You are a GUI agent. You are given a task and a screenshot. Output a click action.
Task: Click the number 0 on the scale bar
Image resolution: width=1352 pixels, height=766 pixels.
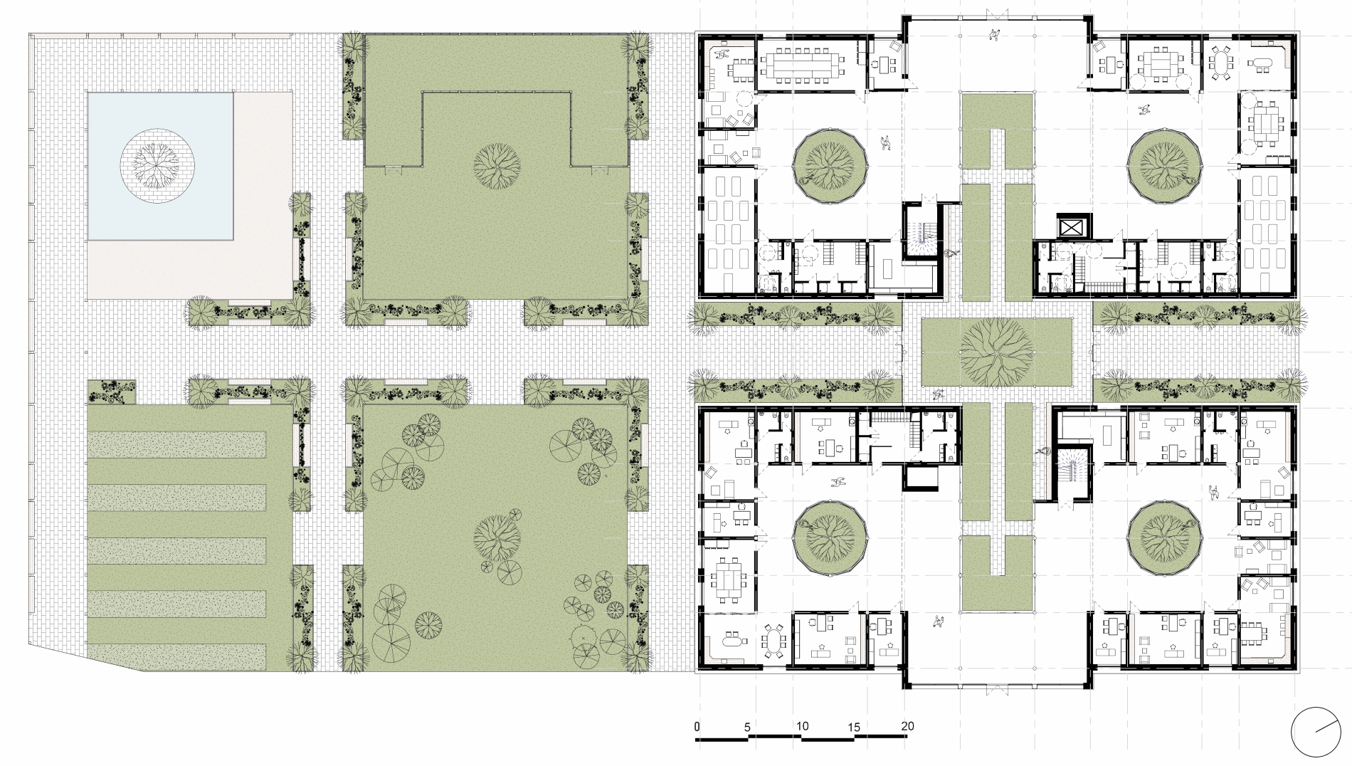click(697, 726)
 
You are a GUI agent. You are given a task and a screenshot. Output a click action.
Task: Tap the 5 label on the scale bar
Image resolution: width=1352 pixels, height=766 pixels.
click(747, 727)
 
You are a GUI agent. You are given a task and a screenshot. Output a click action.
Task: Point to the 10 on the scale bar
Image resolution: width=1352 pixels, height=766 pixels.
click(802, 726)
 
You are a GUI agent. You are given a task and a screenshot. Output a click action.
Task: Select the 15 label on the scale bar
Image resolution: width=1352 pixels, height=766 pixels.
click(854, 727)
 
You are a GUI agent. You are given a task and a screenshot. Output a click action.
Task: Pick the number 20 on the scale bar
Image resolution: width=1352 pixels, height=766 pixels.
click(907, 726)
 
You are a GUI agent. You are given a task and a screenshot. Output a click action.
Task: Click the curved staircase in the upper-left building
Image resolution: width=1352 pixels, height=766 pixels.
click(923, 238)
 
